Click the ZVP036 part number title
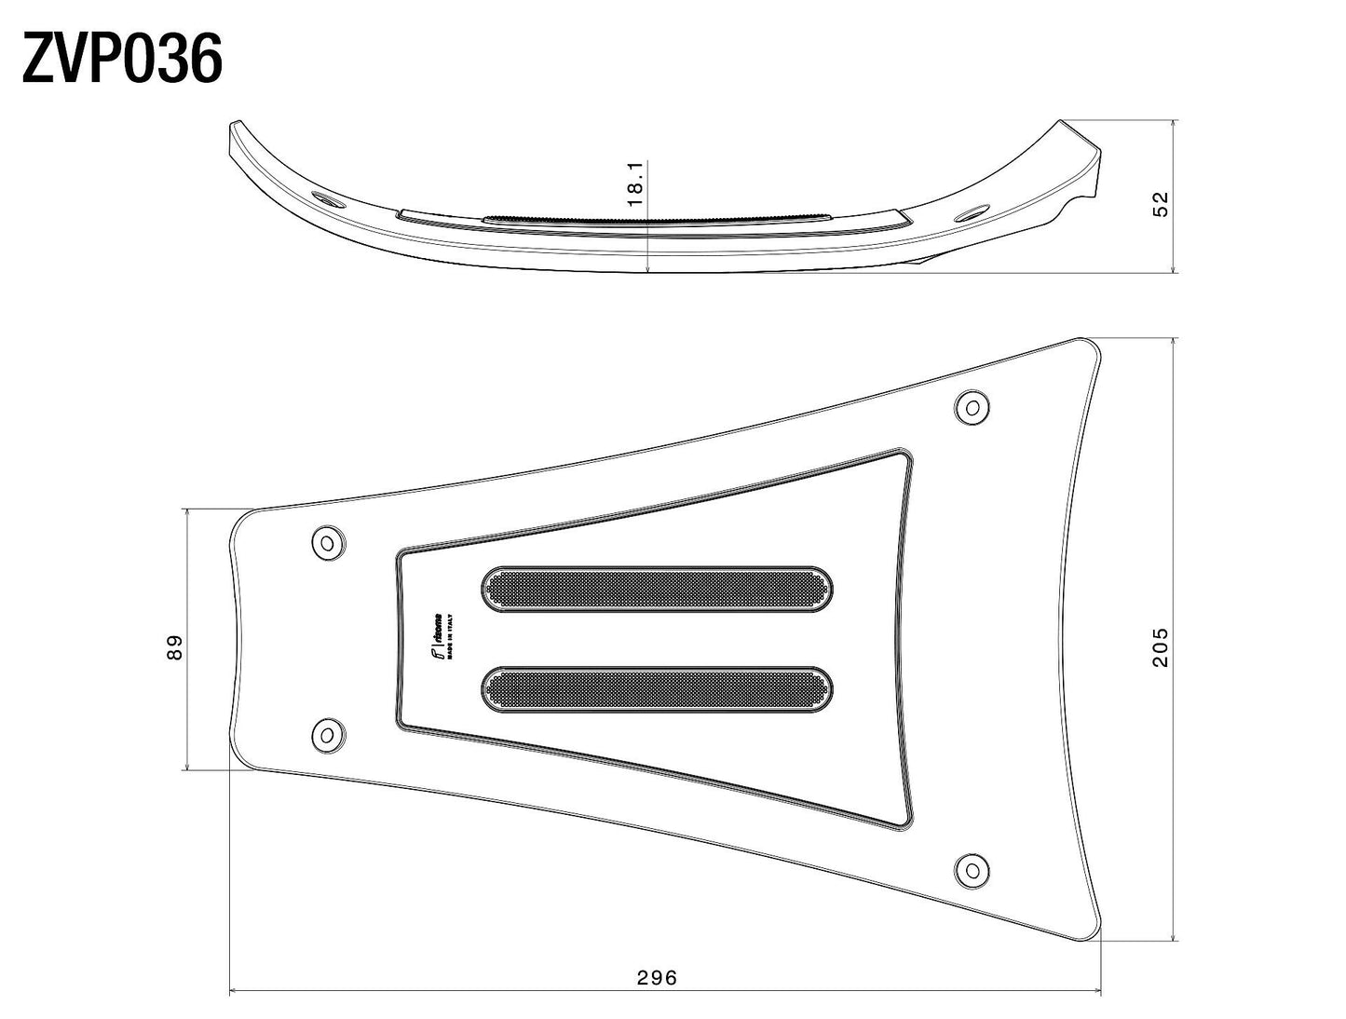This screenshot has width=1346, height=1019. (x=121, y=60)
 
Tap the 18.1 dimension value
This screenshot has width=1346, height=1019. (x=636, y=183)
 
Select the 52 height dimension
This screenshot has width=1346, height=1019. (x=1161, y=205)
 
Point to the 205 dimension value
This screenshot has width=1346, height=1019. (x=1161, y=646)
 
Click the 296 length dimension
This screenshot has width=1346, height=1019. (x=658, y=977)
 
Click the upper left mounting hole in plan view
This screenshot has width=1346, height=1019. (x=327, y=543)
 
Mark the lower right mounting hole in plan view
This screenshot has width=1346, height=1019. (x=973, y=869)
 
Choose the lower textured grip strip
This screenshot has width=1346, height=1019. (x=657, y=689)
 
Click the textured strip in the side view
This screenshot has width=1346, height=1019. (x=652, y=218)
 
